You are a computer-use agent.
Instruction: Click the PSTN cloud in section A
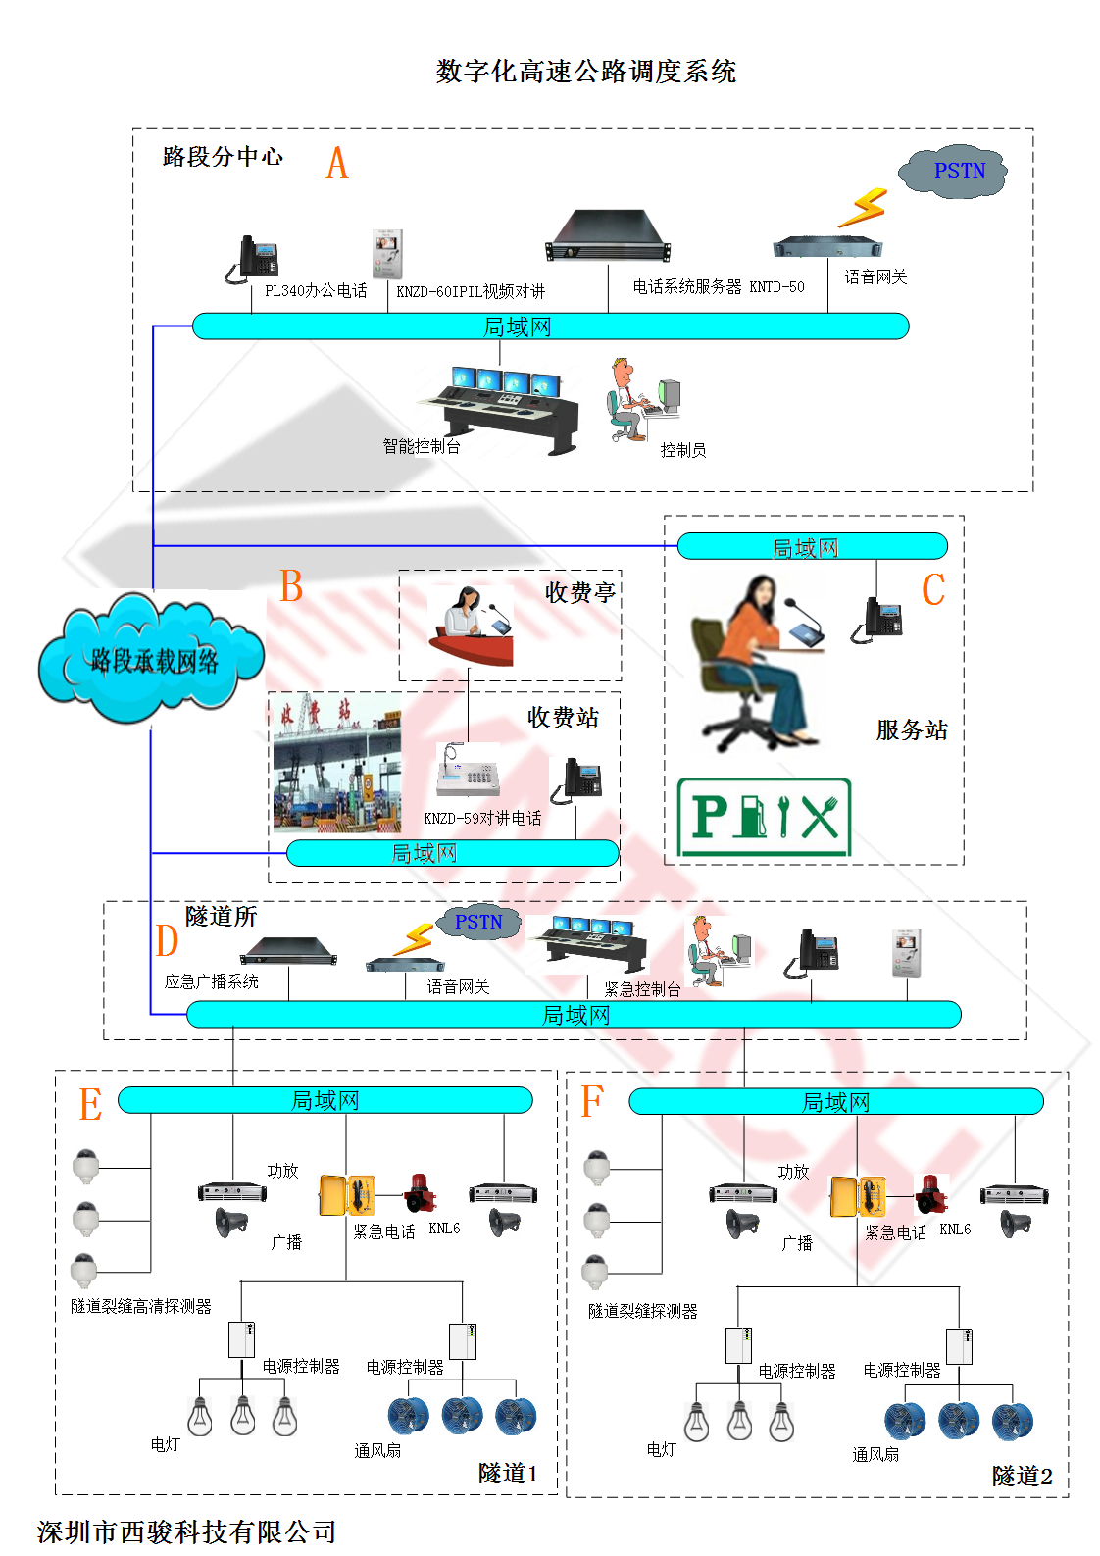click(x=955, y=173)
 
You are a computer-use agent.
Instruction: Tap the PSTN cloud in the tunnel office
click(x=477, y=923)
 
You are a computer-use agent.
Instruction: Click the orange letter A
click(x=337, y=163)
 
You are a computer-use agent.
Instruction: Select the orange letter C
click(x=933, y=589)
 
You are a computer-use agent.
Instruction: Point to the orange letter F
click(x=591, y=1101)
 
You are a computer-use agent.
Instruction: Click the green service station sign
click(x=764, y=818)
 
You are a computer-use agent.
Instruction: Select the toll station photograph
click(x=336, y=763)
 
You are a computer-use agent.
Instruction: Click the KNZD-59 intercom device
click(x=469, y=771)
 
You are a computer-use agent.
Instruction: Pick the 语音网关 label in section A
click(x=875, y=277)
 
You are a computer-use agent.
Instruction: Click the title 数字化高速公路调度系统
click(x=585, y=72)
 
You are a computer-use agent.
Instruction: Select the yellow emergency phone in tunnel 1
click(x=347, y=1195)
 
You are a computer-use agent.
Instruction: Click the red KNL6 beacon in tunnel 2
click(x=930, y=1193)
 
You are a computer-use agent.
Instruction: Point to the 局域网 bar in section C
click(x=812, y=547)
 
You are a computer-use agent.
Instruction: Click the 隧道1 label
click(x=508, y=1473)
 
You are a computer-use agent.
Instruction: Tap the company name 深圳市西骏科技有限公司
click(x=186, y=1531)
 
